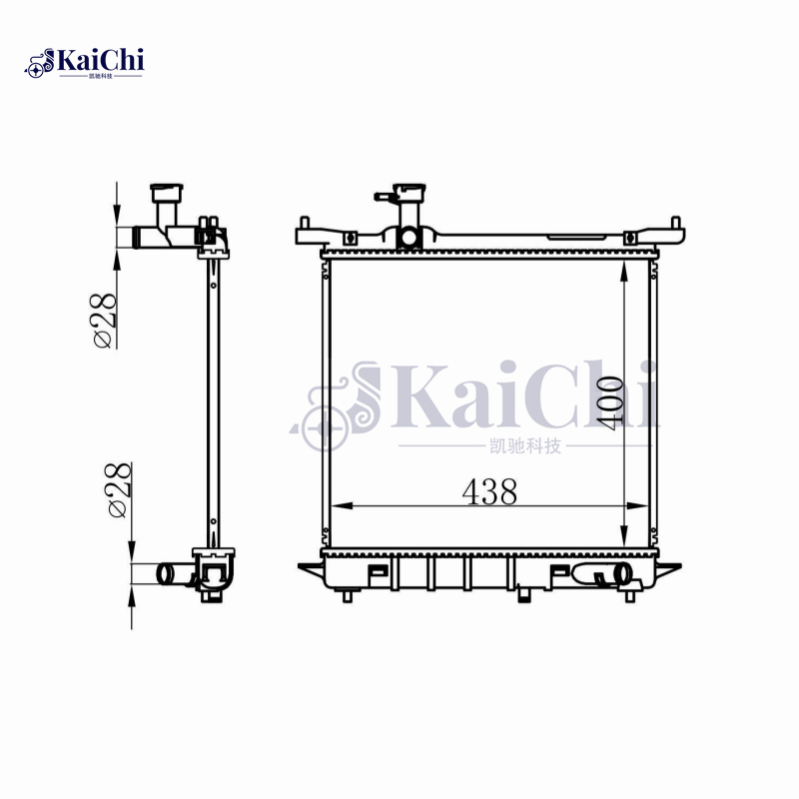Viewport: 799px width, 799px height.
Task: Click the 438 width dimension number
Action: coord(488,491)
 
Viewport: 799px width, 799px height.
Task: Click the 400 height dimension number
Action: coord(613,401)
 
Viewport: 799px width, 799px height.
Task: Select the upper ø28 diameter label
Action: coord(104,318)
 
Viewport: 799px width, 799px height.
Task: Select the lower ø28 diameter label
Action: coord(116,489)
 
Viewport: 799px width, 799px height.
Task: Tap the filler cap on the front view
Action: coord(409,192)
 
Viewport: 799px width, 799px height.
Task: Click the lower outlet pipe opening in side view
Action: coord(164,574)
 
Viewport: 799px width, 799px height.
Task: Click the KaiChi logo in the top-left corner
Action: coord(85,62)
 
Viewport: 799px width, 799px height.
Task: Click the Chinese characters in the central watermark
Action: coord(520,445)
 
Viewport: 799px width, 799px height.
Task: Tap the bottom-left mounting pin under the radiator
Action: coord(348,596)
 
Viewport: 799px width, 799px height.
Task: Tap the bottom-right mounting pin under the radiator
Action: coord(630,596)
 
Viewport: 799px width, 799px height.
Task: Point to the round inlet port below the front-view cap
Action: coord(408,238)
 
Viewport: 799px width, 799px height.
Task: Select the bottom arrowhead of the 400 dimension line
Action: coord(623,539)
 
